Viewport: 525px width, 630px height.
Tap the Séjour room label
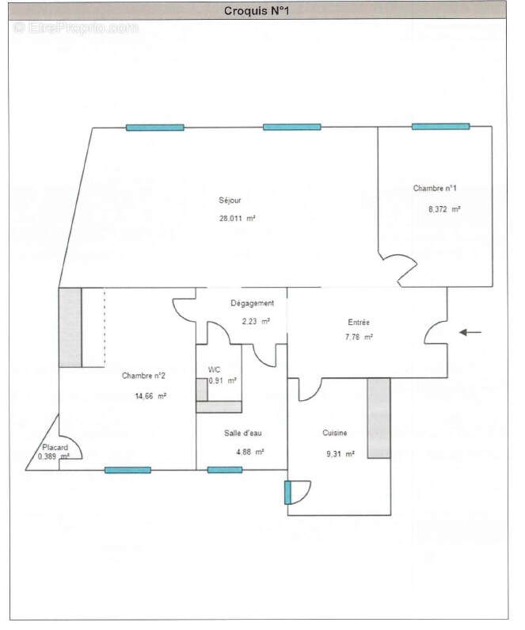(x=230, y=200)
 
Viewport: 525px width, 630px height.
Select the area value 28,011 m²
(x=238, y=218)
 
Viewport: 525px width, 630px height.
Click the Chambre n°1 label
(x=435, y=189)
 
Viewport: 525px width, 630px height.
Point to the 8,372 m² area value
(x=444, y=209)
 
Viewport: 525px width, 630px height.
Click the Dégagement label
(x=252, y=304)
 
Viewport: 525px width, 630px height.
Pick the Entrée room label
(x=359, y=323)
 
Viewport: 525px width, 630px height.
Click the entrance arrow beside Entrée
(x=470, y=333)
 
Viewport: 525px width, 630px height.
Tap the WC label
(x=214, y=370)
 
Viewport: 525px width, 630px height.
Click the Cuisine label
(x=334, y=433)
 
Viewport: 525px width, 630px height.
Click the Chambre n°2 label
(x=143, y=376)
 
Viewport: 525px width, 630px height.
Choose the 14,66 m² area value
(x=150, y=395)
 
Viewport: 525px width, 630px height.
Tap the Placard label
(x=55, y=448)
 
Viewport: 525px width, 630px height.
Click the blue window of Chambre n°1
(x=439, y=126)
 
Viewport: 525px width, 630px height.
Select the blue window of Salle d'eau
(x=225, y=470)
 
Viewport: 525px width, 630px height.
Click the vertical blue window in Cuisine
(x=287, y=492)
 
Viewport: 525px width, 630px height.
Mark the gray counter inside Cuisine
(x=378, y=418)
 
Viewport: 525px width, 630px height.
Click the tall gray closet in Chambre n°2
(x=70, y=327)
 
